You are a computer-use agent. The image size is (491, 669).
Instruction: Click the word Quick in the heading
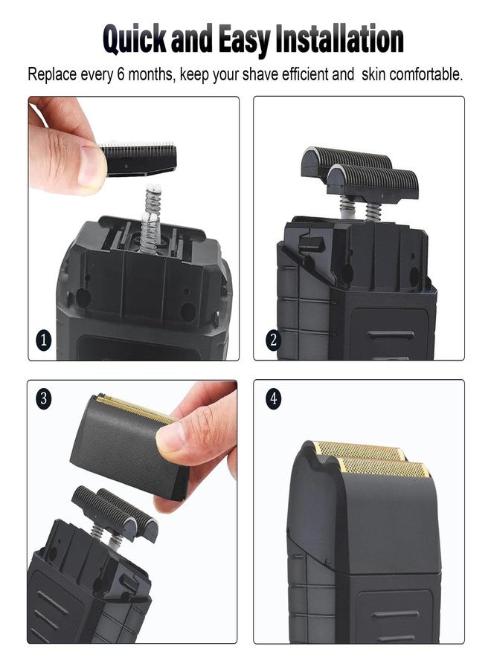[x=135, y=39]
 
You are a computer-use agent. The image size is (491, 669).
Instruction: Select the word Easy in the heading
[x=245, y=40]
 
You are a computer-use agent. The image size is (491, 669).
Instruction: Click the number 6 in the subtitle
[x=121, y=74]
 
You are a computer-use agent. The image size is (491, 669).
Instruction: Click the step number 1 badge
[x=44, y=340]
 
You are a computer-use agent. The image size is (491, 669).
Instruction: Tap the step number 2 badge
[x=274, y=340]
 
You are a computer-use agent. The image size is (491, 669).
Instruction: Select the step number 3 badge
[x=43, y=399]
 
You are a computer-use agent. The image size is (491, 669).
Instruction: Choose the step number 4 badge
[x=274, y=399]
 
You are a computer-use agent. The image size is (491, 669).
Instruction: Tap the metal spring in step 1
[x=152, y=218]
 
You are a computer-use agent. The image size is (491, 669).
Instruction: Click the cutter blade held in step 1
[x=138, y=159]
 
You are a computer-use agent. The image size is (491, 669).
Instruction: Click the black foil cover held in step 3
[x=128, y=446]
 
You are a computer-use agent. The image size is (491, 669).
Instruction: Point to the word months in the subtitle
[x=151, y=74]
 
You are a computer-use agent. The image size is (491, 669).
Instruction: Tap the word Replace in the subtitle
[x=52, y=74]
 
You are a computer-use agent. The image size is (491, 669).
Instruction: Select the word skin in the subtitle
[x=373, y=74]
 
